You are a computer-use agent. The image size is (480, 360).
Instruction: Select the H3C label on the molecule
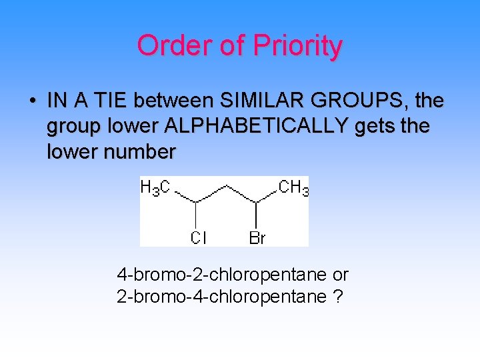[155, 189]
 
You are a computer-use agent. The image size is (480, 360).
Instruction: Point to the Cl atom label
[199, 237]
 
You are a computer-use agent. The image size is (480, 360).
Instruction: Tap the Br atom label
[257, 237]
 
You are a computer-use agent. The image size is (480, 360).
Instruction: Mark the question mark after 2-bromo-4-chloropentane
[338, 297]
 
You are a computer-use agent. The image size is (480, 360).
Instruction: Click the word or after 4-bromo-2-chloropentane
[340, 275]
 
